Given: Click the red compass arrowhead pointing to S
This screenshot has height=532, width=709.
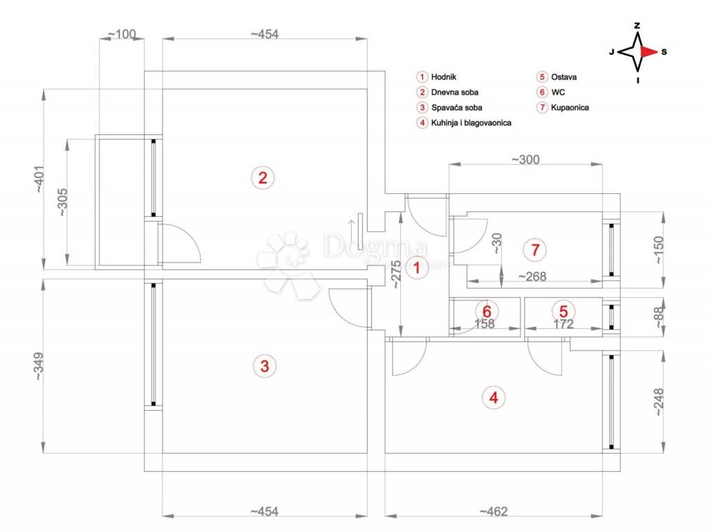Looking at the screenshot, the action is click(x=649, y=51).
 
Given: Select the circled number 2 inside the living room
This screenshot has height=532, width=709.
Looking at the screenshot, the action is click(x=262, y=178).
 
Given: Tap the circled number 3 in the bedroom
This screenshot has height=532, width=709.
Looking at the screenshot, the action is click(x=264, y=366).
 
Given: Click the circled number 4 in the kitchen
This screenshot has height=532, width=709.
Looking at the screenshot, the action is click(x=493, y=398).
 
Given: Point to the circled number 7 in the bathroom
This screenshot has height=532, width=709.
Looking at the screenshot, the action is click(x=535, y=249).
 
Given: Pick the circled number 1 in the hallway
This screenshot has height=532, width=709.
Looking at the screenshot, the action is click(x=416, y=268).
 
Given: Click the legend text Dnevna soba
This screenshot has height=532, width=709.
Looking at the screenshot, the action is click(x=454, y=92).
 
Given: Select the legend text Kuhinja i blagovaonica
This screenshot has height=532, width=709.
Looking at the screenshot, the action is click(x=471, y=123).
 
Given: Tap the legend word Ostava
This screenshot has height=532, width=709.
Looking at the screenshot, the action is click(x=564, y=77).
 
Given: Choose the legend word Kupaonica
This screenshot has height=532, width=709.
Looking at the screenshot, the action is click(x=570, y=107).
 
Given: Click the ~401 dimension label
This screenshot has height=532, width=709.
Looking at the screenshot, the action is click(x=39, y=179).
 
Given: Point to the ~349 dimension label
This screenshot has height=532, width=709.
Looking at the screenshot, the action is click(x=39, y=366).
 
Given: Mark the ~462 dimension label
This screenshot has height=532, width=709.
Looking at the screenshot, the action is click(x=493, y=512).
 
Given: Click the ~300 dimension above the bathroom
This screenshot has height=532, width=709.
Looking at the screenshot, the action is click(x=526, y=159).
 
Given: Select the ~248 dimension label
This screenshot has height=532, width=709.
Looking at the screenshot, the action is click(x=658, y=402).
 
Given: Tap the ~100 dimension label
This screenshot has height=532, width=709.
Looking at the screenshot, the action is click(x=122, y=34).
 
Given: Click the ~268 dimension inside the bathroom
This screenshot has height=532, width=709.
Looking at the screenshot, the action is click(x=532, y=276).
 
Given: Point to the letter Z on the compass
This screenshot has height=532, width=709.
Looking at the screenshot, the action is click(x=637, y=26).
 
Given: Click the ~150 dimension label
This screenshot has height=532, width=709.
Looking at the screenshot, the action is click(x=658, y=250).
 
